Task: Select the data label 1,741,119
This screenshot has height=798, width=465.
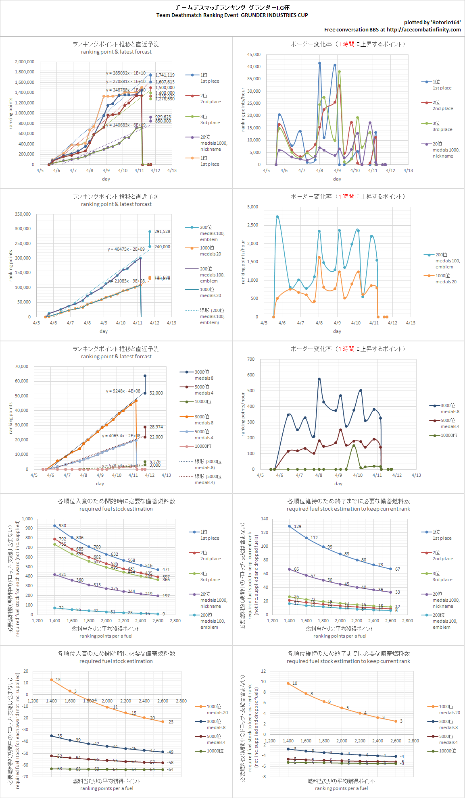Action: coord(165,75)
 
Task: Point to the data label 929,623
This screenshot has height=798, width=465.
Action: coord(163,117)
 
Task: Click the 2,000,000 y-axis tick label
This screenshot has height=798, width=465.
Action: coord(25,62)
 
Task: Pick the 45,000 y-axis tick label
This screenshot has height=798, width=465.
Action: coord(254,54)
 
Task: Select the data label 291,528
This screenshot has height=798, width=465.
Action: coord(162,231)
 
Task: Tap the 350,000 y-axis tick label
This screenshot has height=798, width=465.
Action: coord(23,214)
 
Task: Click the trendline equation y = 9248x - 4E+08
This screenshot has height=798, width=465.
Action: coord(123,391)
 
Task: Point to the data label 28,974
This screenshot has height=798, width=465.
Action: coord(156,427)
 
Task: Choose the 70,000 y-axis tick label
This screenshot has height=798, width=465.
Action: coord(21,366)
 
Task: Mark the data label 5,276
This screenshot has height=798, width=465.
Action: coord(155,461)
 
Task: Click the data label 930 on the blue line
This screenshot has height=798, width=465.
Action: coord(62,526)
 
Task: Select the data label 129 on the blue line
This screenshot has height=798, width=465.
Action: coord(298,526)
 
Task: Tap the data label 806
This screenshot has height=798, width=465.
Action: coord(80,538)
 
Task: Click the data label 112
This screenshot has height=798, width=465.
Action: coord(314,538)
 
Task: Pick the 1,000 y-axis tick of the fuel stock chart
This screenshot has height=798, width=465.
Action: coord(27,519)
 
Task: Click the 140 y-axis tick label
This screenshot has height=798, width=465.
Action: coord(264,519)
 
